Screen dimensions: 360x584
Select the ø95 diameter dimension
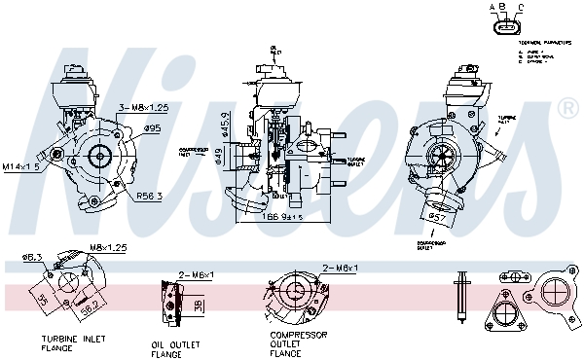(153, 126)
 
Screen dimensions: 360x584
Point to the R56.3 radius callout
(147, 196)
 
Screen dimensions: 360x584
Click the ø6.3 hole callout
(31, 258)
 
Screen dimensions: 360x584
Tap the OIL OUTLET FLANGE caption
(175, 348)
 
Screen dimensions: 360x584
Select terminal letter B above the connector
(500, 8)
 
